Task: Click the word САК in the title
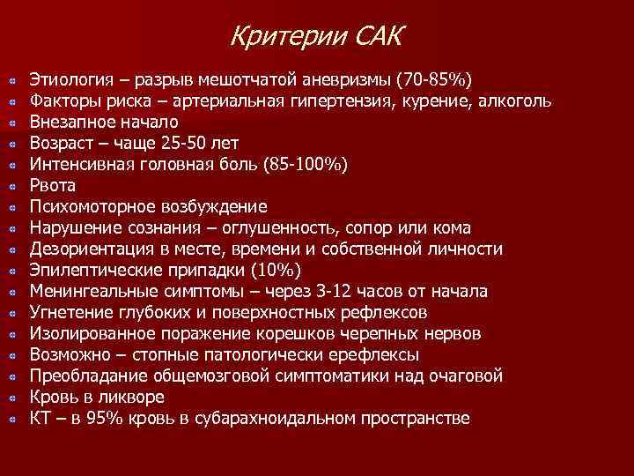(x=380, y=37)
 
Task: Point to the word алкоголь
(x=516, y=101)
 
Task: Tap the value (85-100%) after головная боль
(x=300, y=165)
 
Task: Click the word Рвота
(x=53, y=186)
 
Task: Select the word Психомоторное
(x=92, y=207)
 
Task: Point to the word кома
(x=452, y=228)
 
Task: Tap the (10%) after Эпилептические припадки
(x=276, y=271)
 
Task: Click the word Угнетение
(x=71, y=313)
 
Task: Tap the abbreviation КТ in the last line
(x=41, y=419)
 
